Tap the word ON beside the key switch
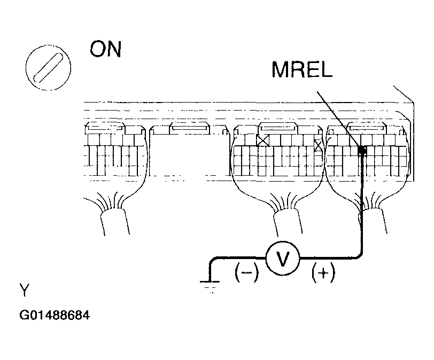click(x=106, y=50)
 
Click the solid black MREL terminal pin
click(x=362, y=151)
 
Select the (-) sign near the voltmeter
click(x=246, y=273)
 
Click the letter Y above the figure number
click(x=25, y=291)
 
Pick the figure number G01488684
click(x=55, y=315)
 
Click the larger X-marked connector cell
click(x=262, y=140)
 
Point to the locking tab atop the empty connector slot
click(x=188, y=129)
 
